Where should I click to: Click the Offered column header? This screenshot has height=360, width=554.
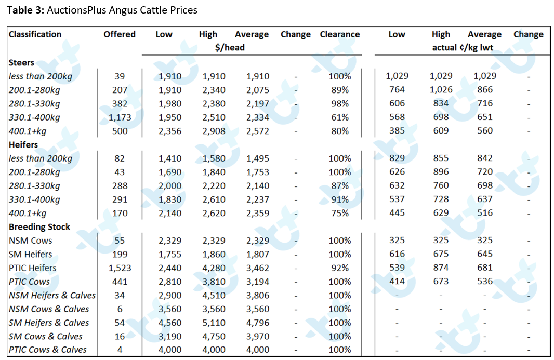coord(120,34)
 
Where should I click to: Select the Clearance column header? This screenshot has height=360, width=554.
coord(339,34)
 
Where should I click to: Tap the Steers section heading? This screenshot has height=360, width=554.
coord(21,62)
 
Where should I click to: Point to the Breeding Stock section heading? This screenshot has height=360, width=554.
coord(39,227)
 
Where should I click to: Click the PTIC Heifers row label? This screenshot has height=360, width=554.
coord(33,268)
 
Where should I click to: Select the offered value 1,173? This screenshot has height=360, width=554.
coord(120,117)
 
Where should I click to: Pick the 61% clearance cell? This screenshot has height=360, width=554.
coord(340,117)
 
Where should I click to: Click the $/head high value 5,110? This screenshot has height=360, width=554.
coord(214,323)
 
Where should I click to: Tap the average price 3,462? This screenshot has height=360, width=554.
coord(258,268)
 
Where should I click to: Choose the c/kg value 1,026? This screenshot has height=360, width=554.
coord(441,90)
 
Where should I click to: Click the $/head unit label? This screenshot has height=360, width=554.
coord(230,47)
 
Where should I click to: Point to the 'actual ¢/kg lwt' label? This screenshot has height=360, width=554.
coord(463,47)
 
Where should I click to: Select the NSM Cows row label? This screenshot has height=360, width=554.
coord(30,241)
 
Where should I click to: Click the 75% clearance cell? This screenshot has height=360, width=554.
coord(340,213)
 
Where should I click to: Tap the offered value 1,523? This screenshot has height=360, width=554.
coord(120,268)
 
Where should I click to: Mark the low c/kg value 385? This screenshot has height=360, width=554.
coord(397,131)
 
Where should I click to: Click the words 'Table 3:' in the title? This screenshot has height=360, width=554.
coord(25,10)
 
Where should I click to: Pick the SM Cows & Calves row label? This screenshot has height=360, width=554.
coord(46,336)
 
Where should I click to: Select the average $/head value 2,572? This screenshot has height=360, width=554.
coord(258,131)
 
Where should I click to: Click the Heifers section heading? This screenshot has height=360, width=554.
coord(23,144)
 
